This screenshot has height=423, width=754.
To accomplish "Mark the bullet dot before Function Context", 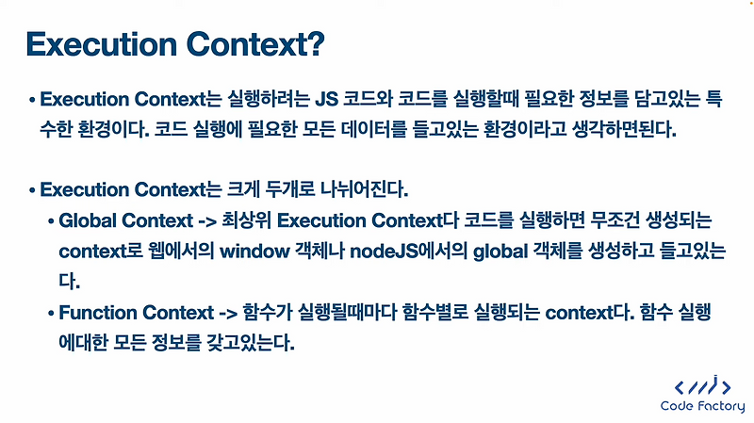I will click(x=51, y=313).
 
